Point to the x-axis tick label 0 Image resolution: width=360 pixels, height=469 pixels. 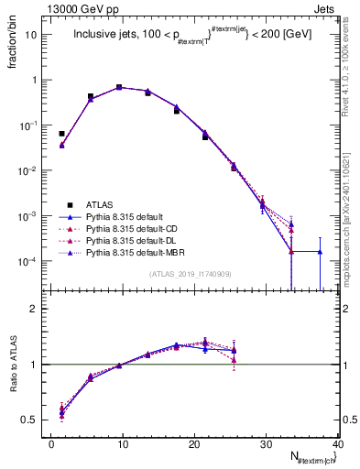click(x=52, y=444)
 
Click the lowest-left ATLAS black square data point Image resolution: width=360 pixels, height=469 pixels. click(x=61, y=134)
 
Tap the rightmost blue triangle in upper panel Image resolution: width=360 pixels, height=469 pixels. click(x=320, y=251)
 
